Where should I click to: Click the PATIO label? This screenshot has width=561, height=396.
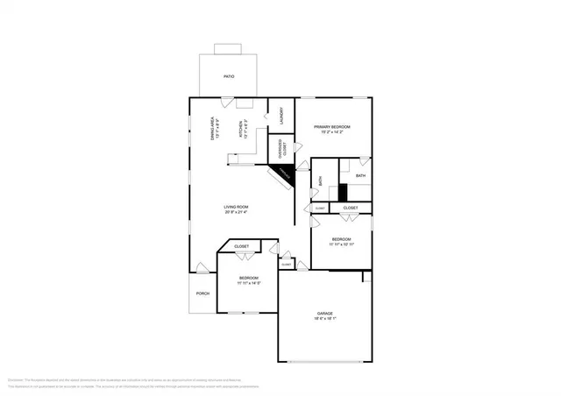pos(228,76)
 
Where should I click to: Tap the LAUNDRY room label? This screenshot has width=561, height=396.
pos(280,115)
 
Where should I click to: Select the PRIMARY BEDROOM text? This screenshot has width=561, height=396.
pos(333,127)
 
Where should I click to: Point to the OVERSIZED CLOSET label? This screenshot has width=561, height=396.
pos(280,148)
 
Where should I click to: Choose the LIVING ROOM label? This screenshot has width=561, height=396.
pos(236,207)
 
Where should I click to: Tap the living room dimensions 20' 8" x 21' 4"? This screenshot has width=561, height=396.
pos(236,213)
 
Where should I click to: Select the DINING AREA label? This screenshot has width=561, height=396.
pos(214,129)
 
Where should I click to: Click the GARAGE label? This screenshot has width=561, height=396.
pos(324,313)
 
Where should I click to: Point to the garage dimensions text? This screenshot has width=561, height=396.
pos(324,319)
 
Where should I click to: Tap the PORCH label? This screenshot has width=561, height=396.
pos(202,293)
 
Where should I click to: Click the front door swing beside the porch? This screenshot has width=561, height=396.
pos(202,267)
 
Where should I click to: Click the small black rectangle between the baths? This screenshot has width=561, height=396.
pos(343,193)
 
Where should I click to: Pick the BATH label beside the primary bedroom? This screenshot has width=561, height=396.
pos(360,175)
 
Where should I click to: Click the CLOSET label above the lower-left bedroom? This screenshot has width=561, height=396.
pos(241,247)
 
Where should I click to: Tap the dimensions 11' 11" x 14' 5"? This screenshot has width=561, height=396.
pos(249,283)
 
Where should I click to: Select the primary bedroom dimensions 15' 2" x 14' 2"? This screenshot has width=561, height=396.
pos(333,133)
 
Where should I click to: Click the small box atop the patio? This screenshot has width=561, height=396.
pos(228,49)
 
